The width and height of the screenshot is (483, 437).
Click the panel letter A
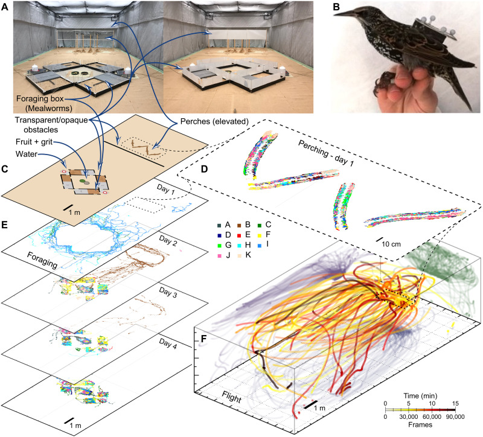(x=5, y=5)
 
